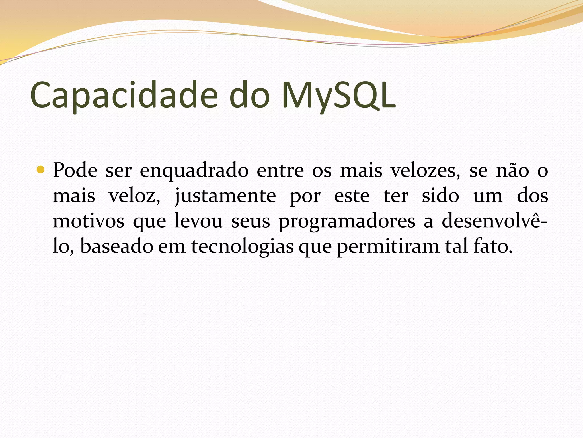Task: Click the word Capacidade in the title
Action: pos(124,96)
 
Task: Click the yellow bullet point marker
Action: pos(41,170)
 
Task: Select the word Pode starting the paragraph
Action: pos(75,171)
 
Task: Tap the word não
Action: pos(512,171)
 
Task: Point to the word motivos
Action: pos(89,221)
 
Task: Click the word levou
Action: pos(198,221)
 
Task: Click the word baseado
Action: pos(117,246)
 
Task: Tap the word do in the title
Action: pos(249,96)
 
